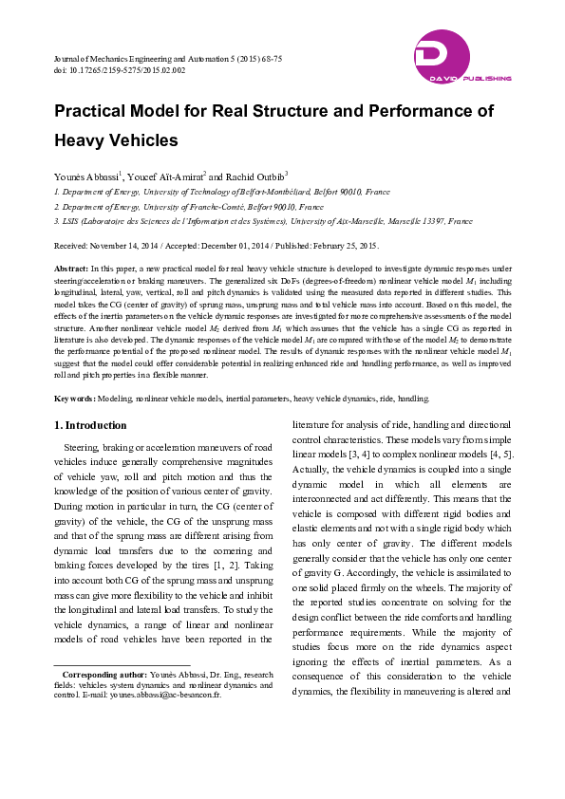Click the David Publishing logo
point(463,59)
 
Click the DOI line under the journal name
point(119,70)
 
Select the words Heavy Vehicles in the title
point(116,140)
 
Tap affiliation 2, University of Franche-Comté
point(190,206)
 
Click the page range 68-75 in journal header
point(271,59)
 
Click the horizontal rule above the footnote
point(122,665)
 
